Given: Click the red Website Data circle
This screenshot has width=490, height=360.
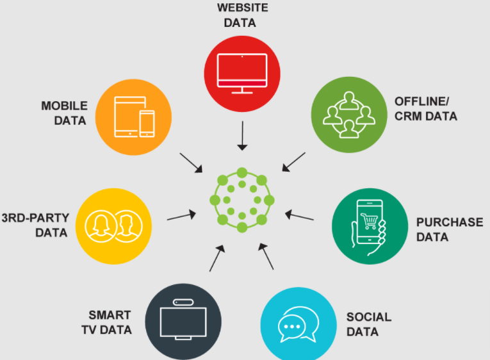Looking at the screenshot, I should (x=241, y=70).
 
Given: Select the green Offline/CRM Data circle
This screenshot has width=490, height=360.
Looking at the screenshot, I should (x=349, y=115).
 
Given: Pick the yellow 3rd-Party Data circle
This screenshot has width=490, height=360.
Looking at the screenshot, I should (x=114, y=224).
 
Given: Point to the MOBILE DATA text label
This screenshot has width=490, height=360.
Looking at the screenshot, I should (x=64, y=113).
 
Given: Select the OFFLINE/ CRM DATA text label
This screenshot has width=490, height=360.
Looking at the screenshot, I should (x=426, y=108).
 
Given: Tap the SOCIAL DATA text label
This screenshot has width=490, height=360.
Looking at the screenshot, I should (x=368, y=324).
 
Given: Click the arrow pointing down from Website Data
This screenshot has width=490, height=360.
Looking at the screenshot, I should (x=241, y=135).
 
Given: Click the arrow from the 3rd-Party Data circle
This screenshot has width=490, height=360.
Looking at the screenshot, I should (x=182, y=216).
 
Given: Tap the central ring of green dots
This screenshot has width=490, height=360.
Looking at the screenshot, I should (x=241, y=199).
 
